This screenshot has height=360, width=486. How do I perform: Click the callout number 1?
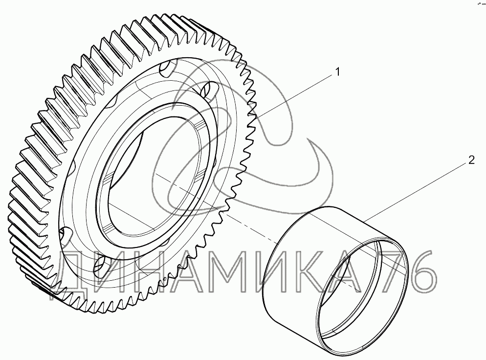[x=337, y=72]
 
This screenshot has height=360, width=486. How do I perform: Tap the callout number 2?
[x=471, y=160]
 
